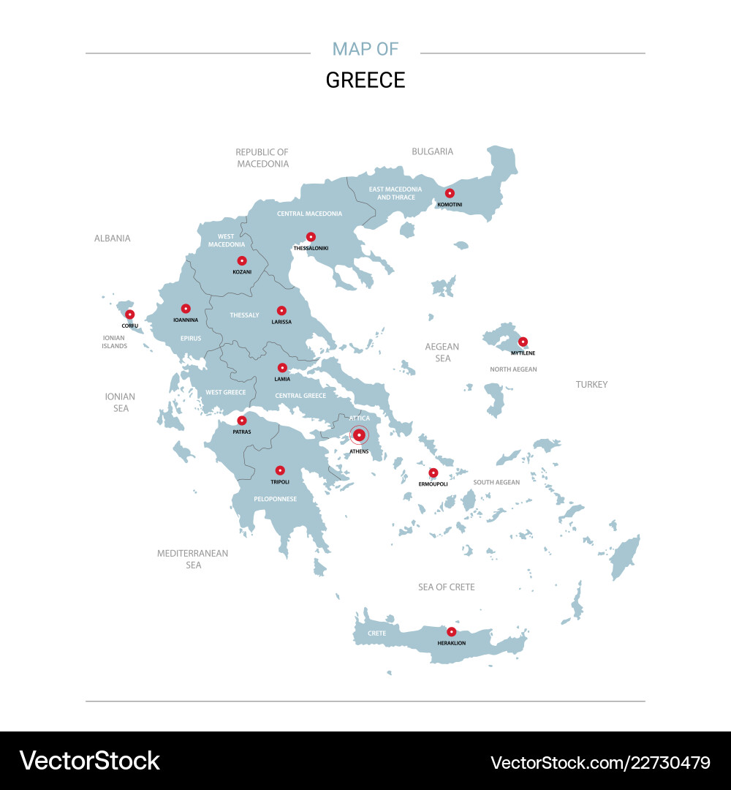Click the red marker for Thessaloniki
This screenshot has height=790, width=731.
tap(311, 237)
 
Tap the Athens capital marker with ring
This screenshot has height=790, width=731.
tap(359, 435)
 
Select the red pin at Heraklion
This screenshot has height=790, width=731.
tap(451, 632)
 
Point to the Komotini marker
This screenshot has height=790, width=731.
tap(450, 193)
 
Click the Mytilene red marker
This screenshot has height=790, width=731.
tap(523, 342)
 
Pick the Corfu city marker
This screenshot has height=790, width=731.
tap(129, 315)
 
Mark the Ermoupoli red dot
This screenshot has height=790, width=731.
tap(433, 473)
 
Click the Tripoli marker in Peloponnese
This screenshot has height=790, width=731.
tap(280, 470)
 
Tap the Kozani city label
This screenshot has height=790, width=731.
tap(242, 272)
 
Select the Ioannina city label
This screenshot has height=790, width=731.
tap(186, 320)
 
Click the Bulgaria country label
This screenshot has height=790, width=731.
tap(432, 151)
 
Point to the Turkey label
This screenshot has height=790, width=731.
tap(591, 384)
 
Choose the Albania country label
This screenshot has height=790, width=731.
tap(112, 238)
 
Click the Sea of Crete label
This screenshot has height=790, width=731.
tap(446, 587)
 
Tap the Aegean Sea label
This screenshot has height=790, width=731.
tap(442, 353)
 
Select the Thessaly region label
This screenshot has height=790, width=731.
tap(244, 315)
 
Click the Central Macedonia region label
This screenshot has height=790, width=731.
tap(309, 214)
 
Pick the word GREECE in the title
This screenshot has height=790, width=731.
tap(365, 80)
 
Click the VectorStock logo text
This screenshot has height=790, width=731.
tap(89, 761)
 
